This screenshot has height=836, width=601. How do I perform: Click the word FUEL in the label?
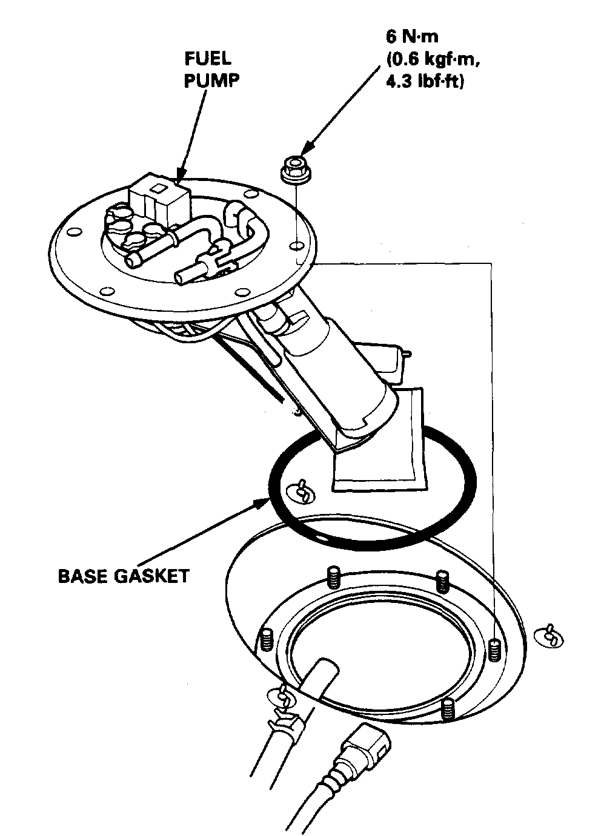208,59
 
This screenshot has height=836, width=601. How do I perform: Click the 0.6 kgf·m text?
431,58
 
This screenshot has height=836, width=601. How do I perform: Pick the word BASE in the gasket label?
81,575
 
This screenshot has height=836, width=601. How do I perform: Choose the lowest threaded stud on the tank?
448,709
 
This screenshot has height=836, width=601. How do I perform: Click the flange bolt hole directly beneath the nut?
296,246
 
